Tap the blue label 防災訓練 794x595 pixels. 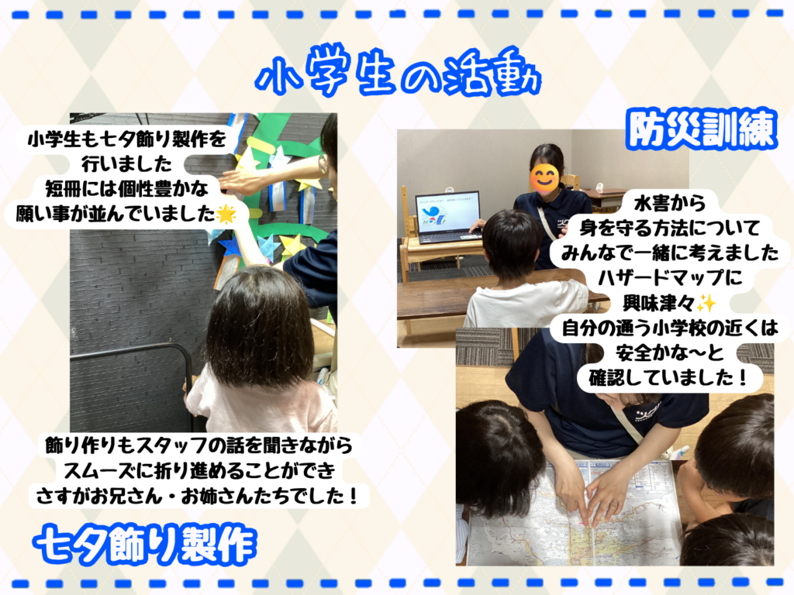[702, 129]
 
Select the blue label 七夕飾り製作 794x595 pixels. [145, 545]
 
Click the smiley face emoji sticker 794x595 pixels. [544, 178]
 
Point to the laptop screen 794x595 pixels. [447, 212]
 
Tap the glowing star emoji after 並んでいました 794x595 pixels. [226, 214]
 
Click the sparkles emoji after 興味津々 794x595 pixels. [706, 304]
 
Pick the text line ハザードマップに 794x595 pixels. [669, 278]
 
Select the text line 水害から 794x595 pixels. [669, 204]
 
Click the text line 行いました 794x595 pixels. [126, 164]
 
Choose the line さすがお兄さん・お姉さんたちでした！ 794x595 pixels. [198, 496]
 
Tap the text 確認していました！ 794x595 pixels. [669, 378]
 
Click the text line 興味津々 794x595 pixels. [658, 304]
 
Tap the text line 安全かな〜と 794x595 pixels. [669, 353]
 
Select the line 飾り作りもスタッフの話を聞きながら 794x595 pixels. [198, 445]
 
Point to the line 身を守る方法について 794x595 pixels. [669, 229]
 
